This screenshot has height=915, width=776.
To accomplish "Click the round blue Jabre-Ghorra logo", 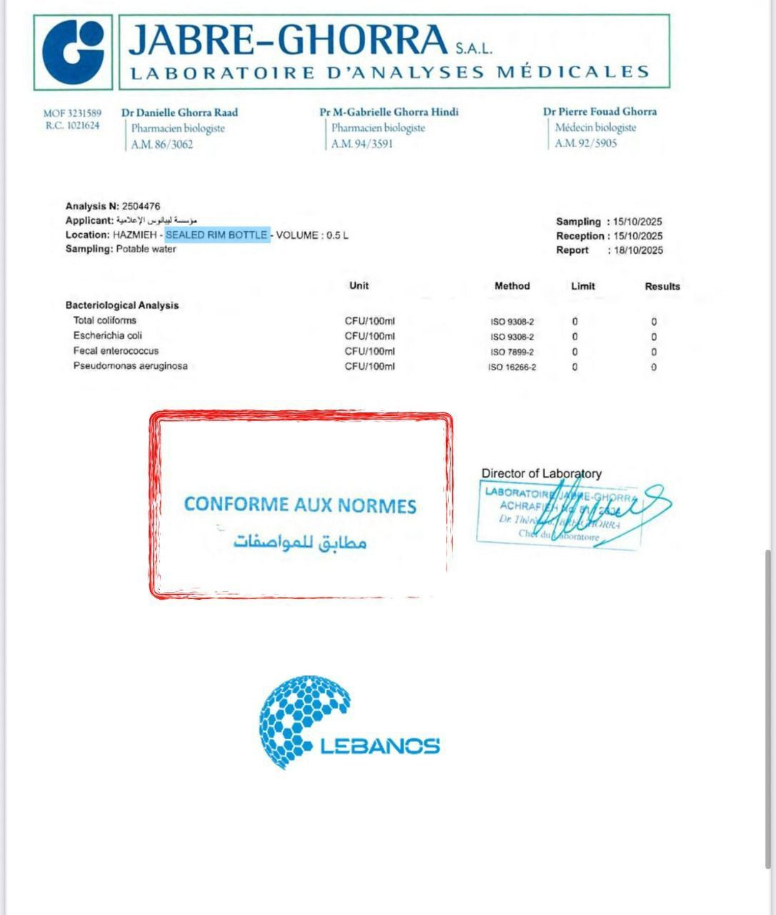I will pyautogui.click(x=73, y=51).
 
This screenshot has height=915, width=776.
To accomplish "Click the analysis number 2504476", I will pyautogui.click(x=141, y=206).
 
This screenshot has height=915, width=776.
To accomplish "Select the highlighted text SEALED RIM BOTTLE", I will pyautogui.click(x=217, y=234).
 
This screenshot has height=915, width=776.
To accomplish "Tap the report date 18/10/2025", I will pyautogui.click(x=638, y=250).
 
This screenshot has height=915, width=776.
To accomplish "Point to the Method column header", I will pyautogui.click(x=512, y=286).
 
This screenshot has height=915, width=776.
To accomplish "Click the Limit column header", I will pyautogui.click(x=582, y=286).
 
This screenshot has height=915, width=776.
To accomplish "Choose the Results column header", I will pyautogui.click(x=662, y=286).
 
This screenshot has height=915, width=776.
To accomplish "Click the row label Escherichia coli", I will pyautogui.click(x=107, y=335).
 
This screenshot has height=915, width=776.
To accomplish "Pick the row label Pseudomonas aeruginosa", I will pyautogui.click(x=130, y=366).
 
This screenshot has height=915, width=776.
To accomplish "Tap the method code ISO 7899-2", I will pyautogui.click(x=512, y=352).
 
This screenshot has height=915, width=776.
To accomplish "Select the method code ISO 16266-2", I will pyautogui.click(x=512, y=367).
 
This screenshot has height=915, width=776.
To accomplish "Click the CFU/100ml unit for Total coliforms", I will pyautogui.click(x=369, y=321).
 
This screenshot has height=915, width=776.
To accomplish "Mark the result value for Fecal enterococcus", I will pyautogui.click(x=653, y=352).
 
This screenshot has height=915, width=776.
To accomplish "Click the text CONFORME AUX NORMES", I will pyautogui.click(x=300, y=505).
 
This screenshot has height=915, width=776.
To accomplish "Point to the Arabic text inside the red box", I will pyautogui.click(x=300, y=542).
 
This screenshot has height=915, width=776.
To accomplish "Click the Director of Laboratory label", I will pyautogui.click(x=541, y=473).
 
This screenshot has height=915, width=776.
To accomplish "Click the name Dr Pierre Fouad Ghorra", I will pyautogui.click(x=600, y=112).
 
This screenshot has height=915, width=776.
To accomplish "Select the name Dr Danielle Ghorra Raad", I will pyautogui.click(x=179, y=112).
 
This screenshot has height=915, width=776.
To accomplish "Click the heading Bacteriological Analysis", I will pyautogui.click(x=122, y=305).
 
